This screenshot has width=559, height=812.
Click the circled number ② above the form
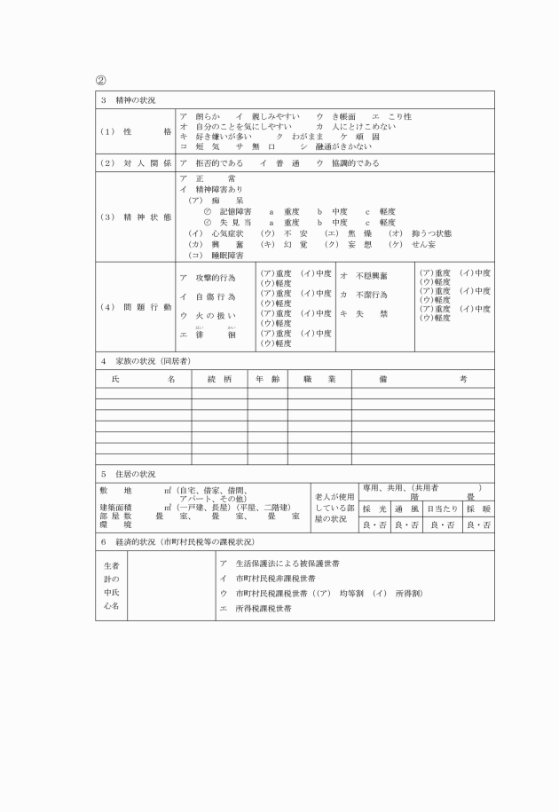coord(101,81)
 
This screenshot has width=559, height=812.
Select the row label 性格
coord(136,130)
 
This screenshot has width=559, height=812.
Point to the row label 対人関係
coord(136,163)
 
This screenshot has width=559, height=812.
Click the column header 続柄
coord(219,379)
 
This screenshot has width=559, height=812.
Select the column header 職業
coord(319,379)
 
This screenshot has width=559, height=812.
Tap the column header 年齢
coord(267,379)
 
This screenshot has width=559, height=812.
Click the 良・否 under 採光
coord(374,524)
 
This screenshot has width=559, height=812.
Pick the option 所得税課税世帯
coord(261,609)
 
